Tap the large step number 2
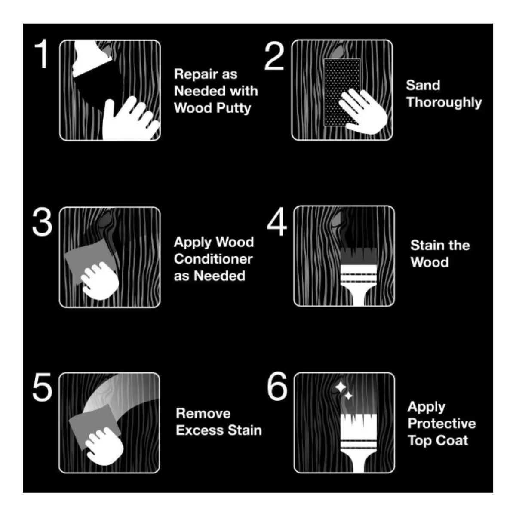click(x=274, y=56)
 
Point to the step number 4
click(x=277, y=221)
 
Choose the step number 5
click(x=42, y=387)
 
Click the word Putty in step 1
click(x=233, y=108)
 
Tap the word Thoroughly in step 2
click(x=444, y=103)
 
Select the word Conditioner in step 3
click(x=213, y=259)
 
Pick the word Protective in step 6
click(x=442, y=424)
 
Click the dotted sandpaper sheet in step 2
click(x=342, y=92)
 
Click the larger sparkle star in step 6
click(x=340, y=387)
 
